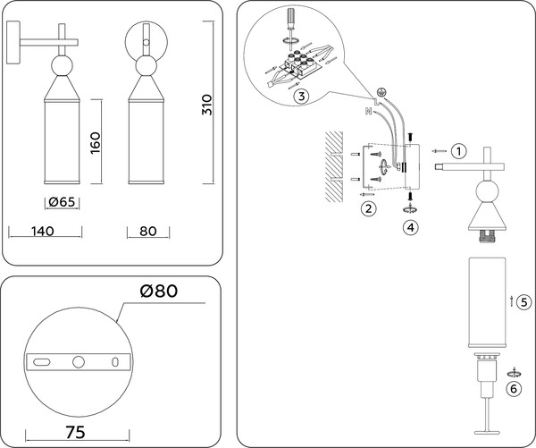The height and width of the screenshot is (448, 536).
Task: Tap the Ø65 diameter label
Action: click(x=61, y=202)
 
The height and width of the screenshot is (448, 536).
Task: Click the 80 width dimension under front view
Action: click(x=148, y=231)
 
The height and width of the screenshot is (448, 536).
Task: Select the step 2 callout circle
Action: click(x=366, y=209)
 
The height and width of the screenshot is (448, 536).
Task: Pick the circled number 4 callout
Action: click(x=409, y=227)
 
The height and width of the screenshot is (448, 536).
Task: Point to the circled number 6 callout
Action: click(x=513, y=389)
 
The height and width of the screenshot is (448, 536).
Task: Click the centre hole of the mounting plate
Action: click(x=79, y=361)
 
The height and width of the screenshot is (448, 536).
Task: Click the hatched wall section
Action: click(x=333, y=165)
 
